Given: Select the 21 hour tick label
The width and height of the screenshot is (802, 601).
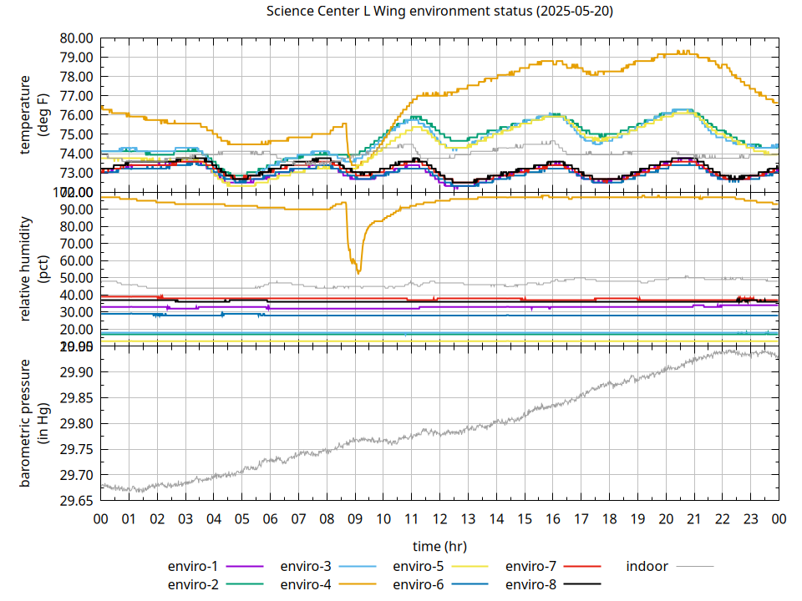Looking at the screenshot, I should (x=694, y=519).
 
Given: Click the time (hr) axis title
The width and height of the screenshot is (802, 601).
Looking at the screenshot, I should (x=439, y=546).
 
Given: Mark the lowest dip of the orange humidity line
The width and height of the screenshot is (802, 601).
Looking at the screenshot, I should (x=358, y=273).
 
